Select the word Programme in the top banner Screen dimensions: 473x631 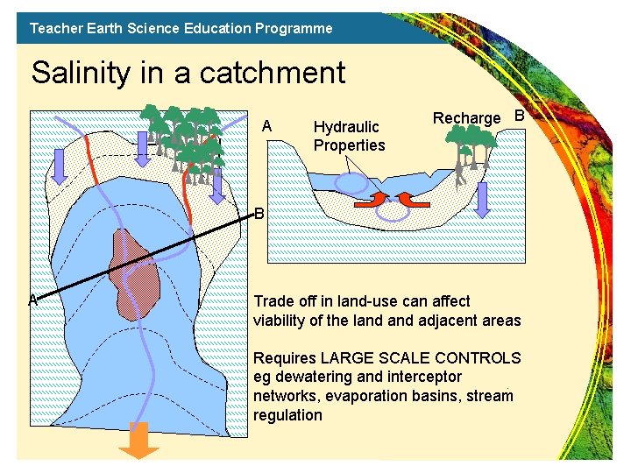[x=294, y=28]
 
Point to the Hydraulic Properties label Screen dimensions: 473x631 [x=349, y=136]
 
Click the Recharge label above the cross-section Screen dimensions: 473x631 [x=466, y=118]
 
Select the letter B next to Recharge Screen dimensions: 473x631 [x=518, y=116]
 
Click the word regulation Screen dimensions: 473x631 [x=287, y=415]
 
